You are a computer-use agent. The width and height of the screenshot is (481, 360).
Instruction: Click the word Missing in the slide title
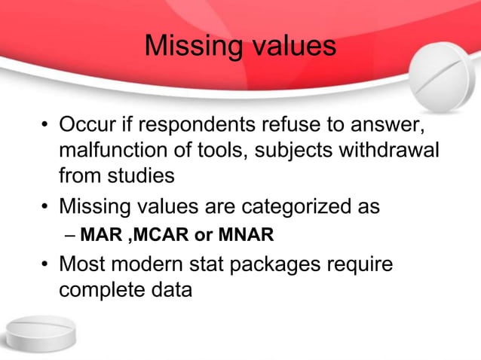click(x=188, y=46)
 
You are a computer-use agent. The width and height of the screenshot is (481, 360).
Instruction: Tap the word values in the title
click(x=290, y=46)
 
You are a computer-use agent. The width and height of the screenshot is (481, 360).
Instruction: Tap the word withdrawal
click(x=389, y=150)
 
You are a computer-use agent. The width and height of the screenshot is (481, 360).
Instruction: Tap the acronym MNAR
click(x=246, y=236)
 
